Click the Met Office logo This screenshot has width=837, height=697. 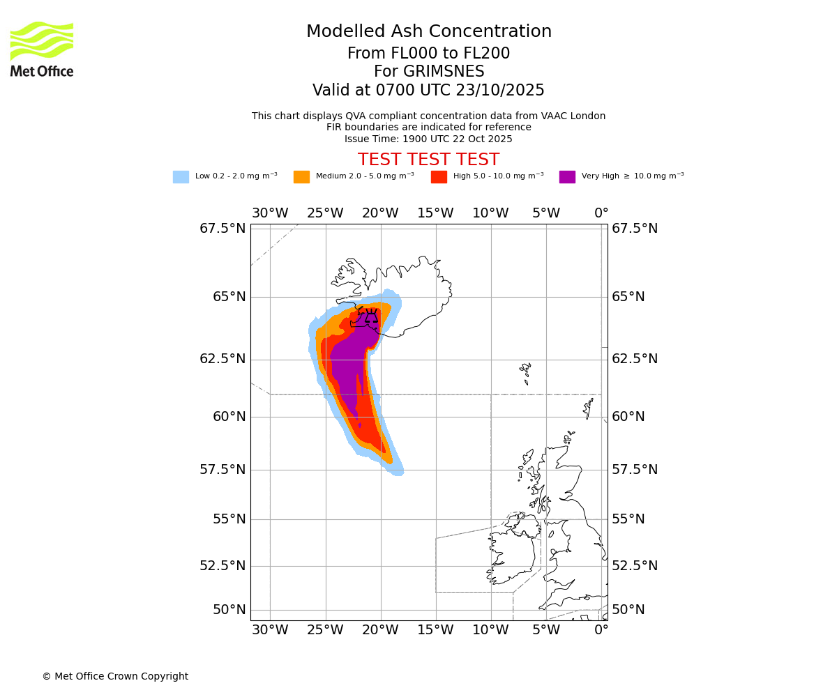(x=42, y=49)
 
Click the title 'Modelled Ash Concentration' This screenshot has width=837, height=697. (x=428, y=32)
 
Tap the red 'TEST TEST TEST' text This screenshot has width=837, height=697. (x=428, y=160)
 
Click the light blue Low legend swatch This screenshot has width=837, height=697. (x=181, y=177)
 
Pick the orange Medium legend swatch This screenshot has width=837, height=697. (x=301, y=177)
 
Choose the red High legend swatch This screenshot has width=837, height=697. (x=439, y=177)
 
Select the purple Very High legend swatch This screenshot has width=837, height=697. (x=567, y=177)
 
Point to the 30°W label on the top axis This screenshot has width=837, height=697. (x=270, y=213)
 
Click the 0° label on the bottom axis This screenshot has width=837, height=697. (x=601, y=630)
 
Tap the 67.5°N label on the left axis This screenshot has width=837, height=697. (x=223, y=229)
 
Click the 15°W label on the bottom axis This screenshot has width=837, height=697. (x=435, y=630)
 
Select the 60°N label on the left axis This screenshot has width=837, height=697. (x=223, y=417)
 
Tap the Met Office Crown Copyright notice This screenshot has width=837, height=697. (x=115, y=677)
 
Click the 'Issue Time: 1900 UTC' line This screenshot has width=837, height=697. (x=428, y=139)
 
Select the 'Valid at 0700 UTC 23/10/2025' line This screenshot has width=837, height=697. (x=428, y=91)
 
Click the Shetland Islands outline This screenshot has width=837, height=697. (x=589, y=406)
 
